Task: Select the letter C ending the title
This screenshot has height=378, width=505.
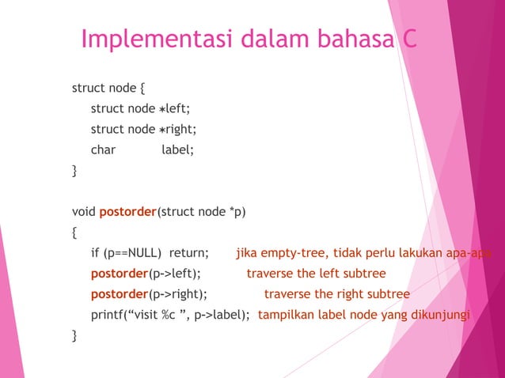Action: click(x=407, y=39)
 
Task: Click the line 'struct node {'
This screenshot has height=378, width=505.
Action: click(x=108, y=88)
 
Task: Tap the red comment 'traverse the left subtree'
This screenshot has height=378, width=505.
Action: click(x=316, y=274)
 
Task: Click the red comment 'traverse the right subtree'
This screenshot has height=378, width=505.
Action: click(x=336, y=295)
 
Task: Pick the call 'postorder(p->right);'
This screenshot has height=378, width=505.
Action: click(x=149, y=295)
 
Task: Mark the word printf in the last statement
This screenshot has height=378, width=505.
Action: click(x=108, y=316)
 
